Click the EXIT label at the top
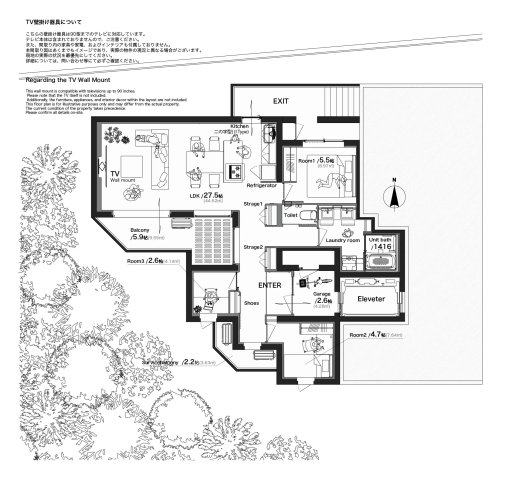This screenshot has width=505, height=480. pos(281,101)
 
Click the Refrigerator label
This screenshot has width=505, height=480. pos(261,185)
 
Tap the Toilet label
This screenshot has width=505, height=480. pos(291,214)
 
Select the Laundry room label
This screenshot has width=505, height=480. pos(341,240)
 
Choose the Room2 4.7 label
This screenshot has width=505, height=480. pos(367,335)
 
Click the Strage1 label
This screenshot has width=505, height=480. pos(253,204)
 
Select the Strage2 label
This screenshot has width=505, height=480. pos(253,246)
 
